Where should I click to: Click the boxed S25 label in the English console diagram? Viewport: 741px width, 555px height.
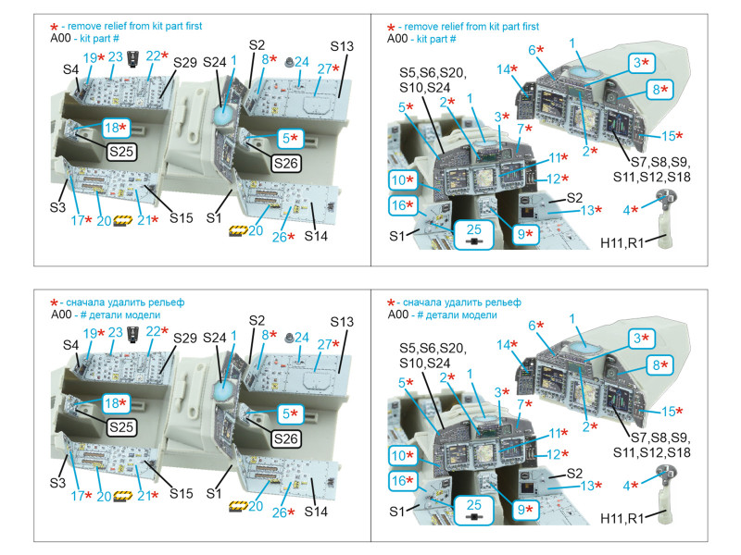click(x=121, y=152)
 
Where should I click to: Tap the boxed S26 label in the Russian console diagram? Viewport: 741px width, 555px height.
click(x=286, y=438)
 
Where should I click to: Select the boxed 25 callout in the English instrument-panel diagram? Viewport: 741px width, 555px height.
click(x=473, y=234)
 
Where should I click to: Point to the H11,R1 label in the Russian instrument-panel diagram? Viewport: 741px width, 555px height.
click(x=622, y=519)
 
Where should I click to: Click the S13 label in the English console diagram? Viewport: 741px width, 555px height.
click(x=342, y=46)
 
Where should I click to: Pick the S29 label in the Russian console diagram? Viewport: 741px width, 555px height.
click(x=184, y=338)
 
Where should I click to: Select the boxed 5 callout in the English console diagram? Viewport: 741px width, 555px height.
click(x=290, y=139)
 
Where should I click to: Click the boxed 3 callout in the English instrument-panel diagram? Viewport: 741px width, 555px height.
click(x=641, y=63)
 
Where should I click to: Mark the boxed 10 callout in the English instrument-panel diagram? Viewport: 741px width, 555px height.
click(x=403, y=179)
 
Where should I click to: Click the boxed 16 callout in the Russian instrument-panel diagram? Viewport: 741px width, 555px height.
click(x=403, y=481)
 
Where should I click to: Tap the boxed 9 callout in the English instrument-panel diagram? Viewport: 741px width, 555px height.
click(x=525, y=234)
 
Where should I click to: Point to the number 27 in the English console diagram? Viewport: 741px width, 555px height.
click(x=324, y=68)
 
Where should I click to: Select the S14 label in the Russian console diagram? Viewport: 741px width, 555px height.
click(x=316, y=512)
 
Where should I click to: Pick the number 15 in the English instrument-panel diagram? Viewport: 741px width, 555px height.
click(x=668, y=136)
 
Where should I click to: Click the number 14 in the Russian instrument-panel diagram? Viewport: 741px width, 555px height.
click(x=503, y=345)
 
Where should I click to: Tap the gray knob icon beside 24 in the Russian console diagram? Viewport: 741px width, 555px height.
click(x=288, y=338)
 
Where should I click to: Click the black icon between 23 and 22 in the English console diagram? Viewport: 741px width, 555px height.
click(x=133, y=58)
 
